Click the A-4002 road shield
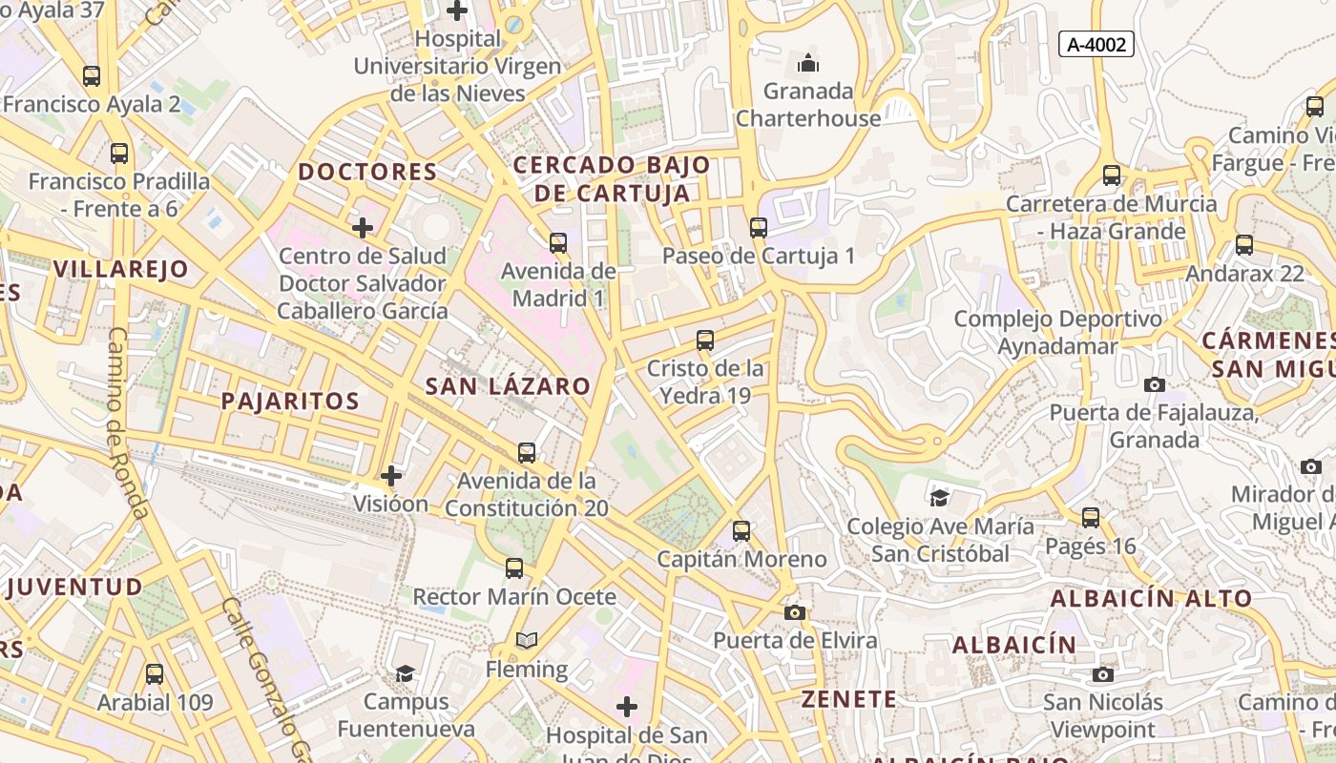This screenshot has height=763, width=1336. [x=1096, y=44]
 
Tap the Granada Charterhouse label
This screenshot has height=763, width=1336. [x=807, y=105]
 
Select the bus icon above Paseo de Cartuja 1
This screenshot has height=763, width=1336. [x=759, y=228]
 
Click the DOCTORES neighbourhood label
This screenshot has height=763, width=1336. [x=367, y=173]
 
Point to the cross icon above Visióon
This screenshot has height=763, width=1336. [x=391, y=475]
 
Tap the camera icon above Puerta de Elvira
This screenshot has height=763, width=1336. [x=794, y=612]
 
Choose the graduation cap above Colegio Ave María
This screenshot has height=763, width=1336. [x=940, y=498]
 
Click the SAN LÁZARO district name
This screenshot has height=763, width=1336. [x=508, y=386]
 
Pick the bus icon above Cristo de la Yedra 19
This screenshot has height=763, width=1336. [x=705, y=340]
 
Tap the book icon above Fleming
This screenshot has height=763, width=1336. [x=527, y=640]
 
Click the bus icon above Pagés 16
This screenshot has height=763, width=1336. [x=1091, y=518]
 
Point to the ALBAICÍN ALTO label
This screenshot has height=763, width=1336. [x=1151, y=599]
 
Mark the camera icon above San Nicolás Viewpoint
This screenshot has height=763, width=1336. [x=1103, y=674]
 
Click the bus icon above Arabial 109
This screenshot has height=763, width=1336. [x=155, y=674]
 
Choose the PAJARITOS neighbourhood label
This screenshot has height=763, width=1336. [x=290, y=402]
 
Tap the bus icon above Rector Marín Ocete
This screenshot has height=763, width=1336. [x=514, y=568]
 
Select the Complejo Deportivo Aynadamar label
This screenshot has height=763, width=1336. [x=1057, y=332]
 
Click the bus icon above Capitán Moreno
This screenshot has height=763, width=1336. [x=741, y=531]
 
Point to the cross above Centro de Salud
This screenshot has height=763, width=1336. [x=363, y=228]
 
